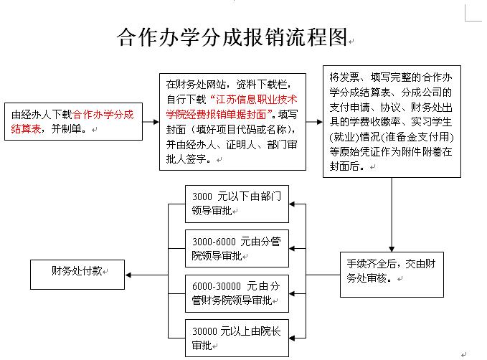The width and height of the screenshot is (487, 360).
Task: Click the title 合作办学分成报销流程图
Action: pos(232,37)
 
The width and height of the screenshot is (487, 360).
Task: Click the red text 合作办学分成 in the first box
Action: pos(103,115)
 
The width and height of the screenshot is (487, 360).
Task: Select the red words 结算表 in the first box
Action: pos(26,128)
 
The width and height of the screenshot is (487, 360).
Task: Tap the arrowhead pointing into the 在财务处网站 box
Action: pos(156,122)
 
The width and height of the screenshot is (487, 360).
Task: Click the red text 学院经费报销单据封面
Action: pos(216,114)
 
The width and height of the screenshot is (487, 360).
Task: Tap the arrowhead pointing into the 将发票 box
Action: pos(320,122)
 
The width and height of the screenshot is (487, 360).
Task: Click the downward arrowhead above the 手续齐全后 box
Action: pos(392,249)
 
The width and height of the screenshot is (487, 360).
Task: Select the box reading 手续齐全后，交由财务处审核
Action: pos(392,275)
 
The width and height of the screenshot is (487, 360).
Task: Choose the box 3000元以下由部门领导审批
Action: pos(237,204)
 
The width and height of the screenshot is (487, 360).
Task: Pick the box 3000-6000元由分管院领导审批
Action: pos(237,249)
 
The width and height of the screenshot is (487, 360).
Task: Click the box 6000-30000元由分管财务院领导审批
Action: pos(237,293)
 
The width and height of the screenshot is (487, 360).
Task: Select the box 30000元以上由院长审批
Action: pos(237,338)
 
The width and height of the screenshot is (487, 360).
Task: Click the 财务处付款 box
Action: pos(77,275)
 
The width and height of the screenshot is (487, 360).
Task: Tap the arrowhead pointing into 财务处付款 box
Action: pos(128,275)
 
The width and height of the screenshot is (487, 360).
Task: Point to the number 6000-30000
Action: pos(217,286)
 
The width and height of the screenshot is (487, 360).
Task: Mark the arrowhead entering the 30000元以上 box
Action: pos(292,338)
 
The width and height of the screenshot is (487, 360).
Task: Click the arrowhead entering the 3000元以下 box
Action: pos(292,204)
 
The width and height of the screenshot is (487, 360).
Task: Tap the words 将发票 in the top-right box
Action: pos(344,77)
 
